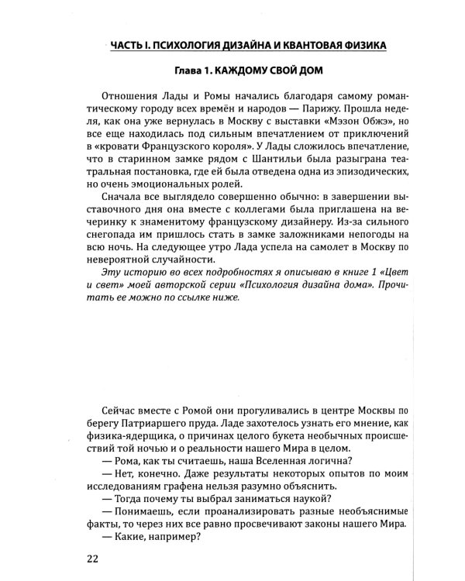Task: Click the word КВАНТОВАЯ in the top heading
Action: point(281,45)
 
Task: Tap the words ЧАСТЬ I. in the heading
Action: point(129,45)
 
